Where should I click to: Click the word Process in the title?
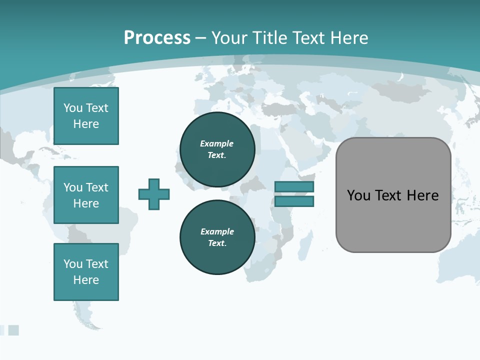tap(157, 38)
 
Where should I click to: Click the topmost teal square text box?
tap(86, 116)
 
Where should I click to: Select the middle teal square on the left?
tap(86, 195)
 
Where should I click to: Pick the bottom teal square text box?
tap(86, 272)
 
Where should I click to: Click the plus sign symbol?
tap(154, 194)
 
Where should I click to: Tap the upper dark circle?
tap(217, 149)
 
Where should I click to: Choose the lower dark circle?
tap(217, 237)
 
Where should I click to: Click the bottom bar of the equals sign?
tap(294, 201)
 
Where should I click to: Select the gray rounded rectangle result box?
tap(393, 195)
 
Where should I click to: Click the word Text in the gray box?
tap(388, 195)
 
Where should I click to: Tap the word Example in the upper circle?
tap(216, 143)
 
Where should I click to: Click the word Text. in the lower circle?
tap(217, 243)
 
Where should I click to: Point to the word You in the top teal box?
tap(72, 108)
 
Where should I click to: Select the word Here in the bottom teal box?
tap(86, 280)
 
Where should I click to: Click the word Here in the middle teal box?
tap(86, 203)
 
